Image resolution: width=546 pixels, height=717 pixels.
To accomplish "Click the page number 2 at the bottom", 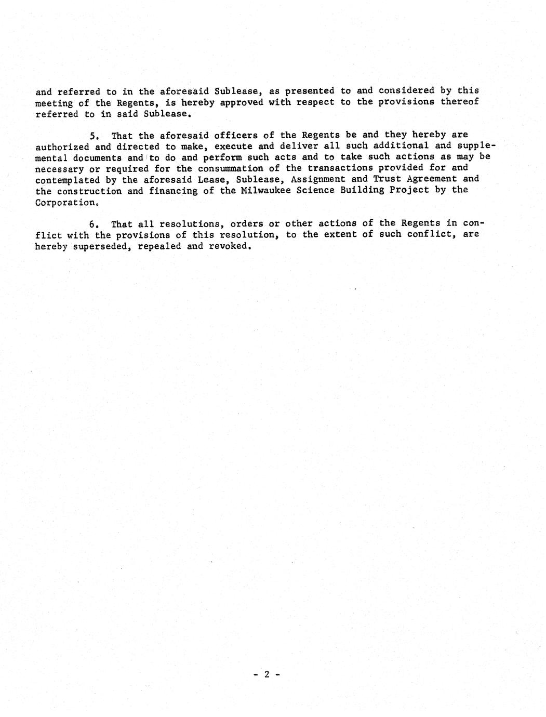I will (x=267, y=674).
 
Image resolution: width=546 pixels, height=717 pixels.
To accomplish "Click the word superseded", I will (x=99, y=247).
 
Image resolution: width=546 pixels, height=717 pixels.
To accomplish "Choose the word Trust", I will (x=388, y=179).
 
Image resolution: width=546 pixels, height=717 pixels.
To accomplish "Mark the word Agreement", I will (x=434, y=179).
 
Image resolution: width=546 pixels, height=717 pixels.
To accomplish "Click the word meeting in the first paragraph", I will (x=54, y=103).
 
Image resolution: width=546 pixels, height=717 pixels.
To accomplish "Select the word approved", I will (x=241, y=102).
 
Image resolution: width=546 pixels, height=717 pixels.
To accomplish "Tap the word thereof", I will (x=459, y=102).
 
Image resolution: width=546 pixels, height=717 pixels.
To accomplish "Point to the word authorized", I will (x=62, y=147).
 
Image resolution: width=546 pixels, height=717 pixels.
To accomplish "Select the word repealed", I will (x=159, y=247).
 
